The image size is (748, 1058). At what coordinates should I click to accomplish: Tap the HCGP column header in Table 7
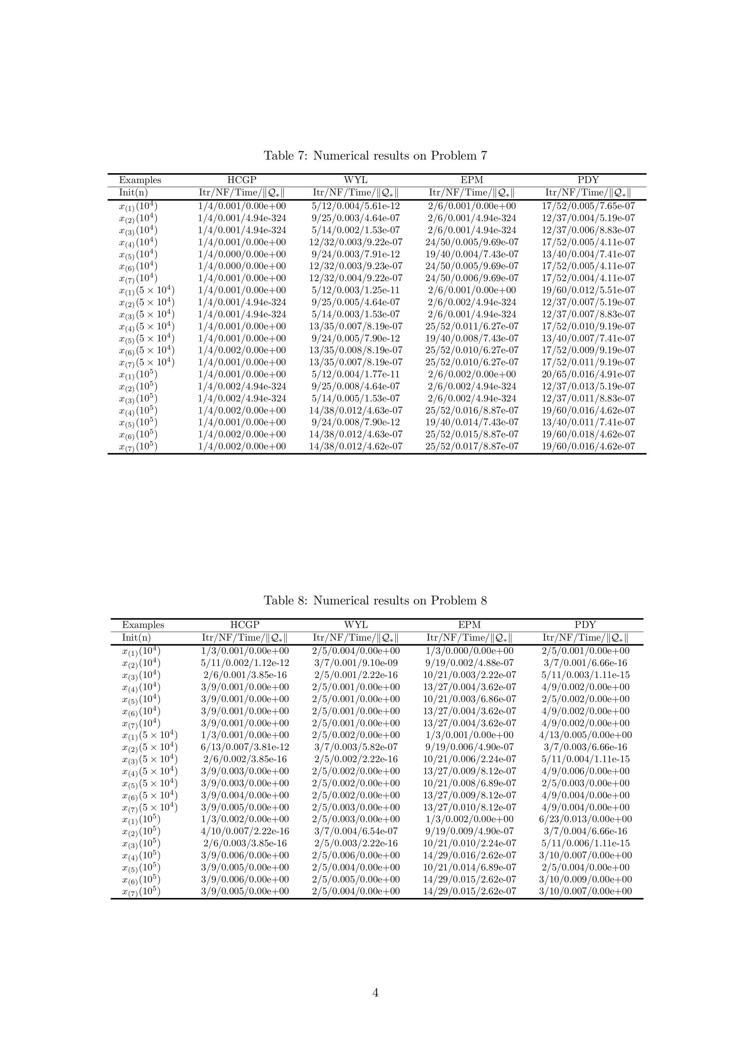point(241,180)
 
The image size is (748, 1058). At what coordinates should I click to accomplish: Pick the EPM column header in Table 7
point(472,180)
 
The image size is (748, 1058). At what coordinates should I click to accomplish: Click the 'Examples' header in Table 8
point(143,625)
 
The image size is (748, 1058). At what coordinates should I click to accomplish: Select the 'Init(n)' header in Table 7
point(133,193)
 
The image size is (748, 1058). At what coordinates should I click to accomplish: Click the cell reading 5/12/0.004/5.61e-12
point(355,206)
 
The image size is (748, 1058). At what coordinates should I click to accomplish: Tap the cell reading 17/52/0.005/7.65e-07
point(588,206)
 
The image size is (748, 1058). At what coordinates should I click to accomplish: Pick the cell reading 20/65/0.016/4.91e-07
point(588,374)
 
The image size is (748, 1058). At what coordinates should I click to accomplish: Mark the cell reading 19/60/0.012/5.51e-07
point(588,290)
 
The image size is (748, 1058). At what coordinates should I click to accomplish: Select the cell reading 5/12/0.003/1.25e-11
point(355,290)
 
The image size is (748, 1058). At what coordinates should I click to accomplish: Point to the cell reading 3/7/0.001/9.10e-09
point(355,663)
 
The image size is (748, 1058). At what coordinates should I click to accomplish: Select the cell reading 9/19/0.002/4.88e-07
point(469,663)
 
